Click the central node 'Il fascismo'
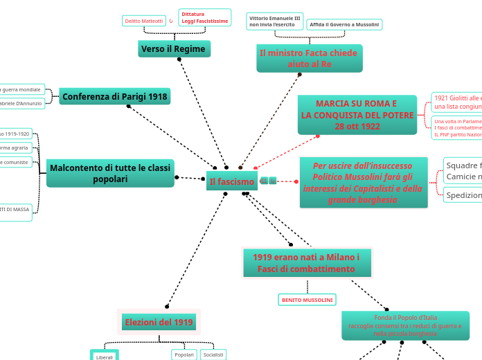tap(232, 181)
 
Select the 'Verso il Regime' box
tap(174, 49)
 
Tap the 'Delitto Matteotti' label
tap(144, 21)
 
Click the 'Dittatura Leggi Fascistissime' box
tap(204, 17)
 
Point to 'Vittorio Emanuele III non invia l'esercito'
tap(274, 21)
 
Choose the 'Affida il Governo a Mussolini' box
tap(344, 24)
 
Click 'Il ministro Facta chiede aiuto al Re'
tap(309, 58)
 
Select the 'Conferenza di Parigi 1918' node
tap(115, 96)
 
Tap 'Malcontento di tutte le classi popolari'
tap(110, 173)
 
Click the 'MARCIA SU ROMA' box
tap(357, 115)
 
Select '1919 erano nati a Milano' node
tap(306, 262)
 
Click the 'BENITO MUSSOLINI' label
tap(307, 300)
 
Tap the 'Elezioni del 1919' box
tap(159, 322)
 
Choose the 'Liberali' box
tap(105, 356)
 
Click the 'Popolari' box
tap(184, 354)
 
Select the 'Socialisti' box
tap(213, 354)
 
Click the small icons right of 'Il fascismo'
tap(268, 181)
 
